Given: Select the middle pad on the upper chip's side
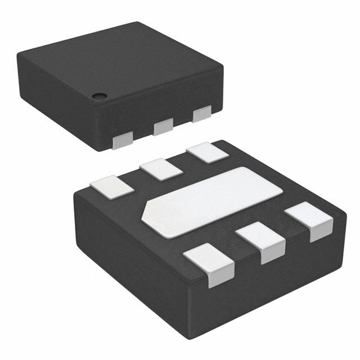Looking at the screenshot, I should click(163, 128).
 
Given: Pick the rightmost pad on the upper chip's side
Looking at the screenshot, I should click(201, 114).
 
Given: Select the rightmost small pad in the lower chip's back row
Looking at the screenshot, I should click(204, 154).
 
